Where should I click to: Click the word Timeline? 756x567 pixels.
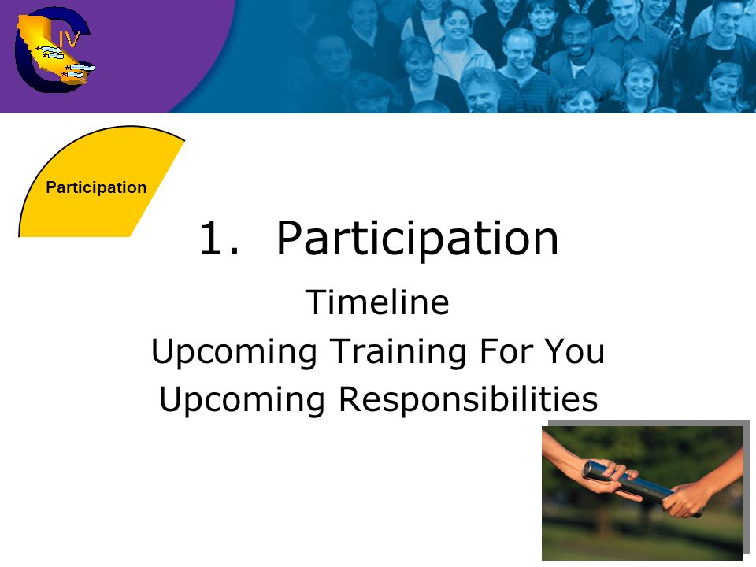tap(377, 302)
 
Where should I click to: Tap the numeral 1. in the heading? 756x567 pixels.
tap(220, 238)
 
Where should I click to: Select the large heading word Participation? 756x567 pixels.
tap(417, 239)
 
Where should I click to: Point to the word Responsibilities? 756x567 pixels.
tap(468, 400)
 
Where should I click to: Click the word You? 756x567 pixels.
tap(574, 351)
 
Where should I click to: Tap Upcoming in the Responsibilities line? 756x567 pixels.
tap(242, 401)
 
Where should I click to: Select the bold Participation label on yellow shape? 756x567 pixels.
tap(96, 187)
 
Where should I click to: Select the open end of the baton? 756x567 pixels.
tap(588, 469)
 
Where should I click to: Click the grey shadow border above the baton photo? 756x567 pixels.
tap(648, 423)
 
